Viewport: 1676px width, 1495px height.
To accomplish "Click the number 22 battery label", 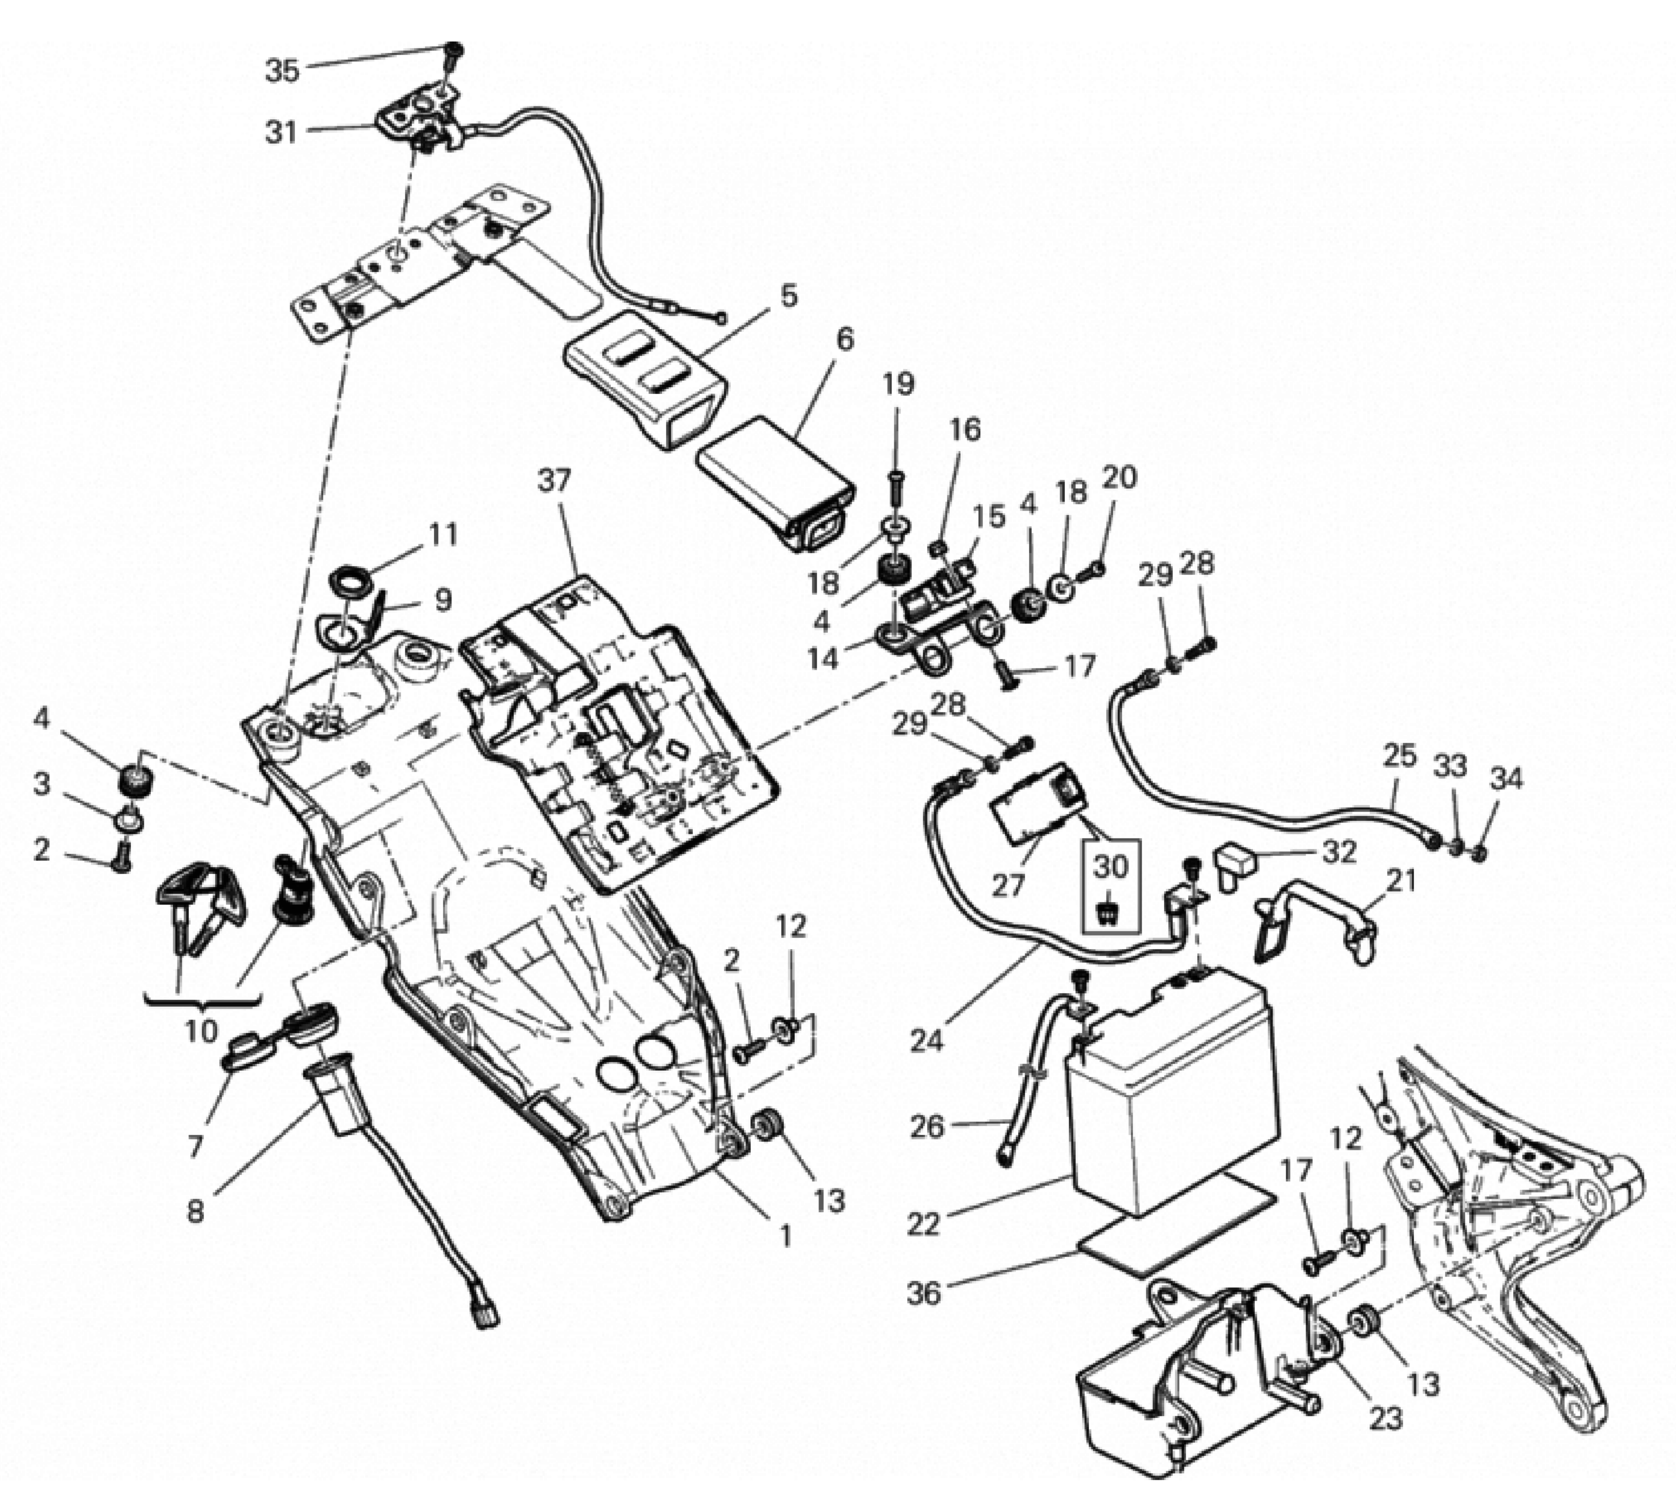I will (924, 1224).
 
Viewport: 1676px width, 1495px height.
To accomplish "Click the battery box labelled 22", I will (1170, 1084).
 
